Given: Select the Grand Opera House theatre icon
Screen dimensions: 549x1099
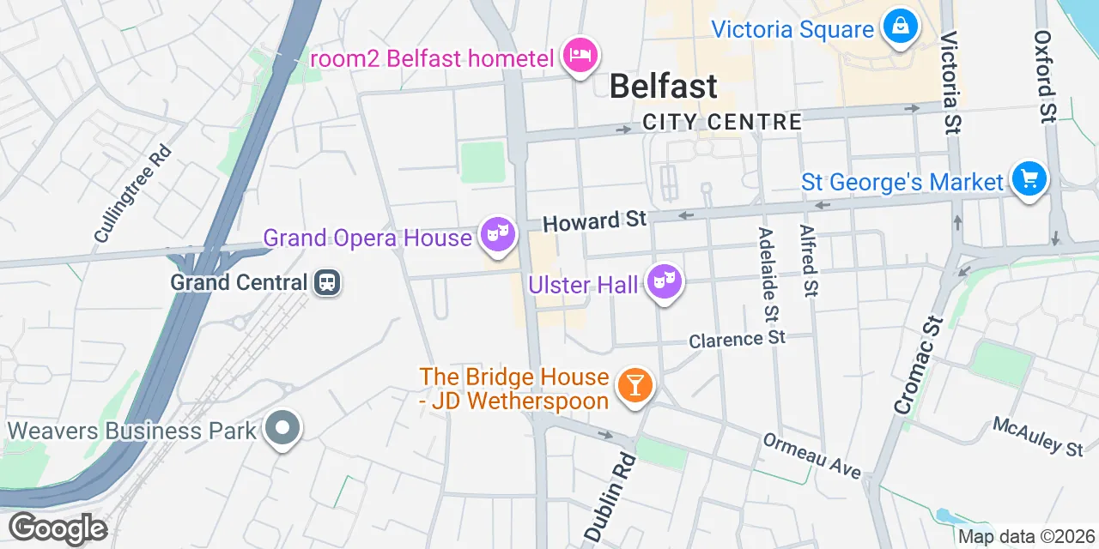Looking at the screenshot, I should [497, 233].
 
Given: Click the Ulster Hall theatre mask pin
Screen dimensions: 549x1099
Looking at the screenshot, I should [664, 280].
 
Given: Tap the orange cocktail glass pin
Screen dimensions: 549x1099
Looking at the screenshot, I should [635, 384].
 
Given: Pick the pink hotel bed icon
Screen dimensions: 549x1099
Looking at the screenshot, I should [580, 56].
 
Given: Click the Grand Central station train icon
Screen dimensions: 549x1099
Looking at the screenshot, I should [327, 281].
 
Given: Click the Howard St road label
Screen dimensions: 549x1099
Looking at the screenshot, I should [594, 221].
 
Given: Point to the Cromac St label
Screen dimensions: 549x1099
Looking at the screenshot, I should [919, 366].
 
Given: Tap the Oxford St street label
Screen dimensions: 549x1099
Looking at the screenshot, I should [1044, 76].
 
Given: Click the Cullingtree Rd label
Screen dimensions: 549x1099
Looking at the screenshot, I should [133, 193].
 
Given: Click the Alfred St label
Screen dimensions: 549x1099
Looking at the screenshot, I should [807, 261].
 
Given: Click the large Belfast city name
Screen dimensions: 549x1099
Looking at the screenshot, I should [663, 86].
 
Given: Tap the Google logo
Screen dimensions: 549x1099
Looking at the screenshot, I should [58, 528].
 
